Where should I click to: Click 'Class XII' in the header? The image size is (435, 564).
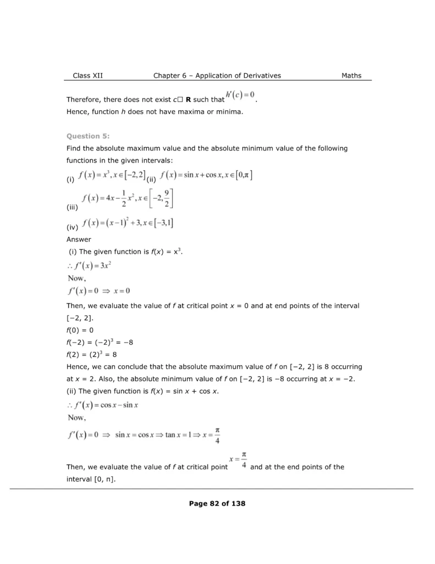[x=87, y=75]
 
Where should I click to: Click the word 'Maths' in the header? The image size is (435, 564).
[x=351, y=75]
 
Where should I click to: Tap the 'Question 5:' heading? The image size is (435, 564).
[x=88, y=135]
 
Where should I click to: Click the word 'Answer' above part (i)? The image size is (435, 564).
[x=79, y=240]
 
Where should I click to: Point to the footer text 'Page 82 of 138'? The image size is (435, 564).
[x=217, y=503]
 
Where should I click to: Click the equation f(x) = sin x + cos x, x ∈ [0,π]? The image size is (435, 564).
[x=206, y=176]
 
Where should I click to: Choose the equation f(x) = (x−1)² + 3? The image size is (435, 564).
[x=129, y=224]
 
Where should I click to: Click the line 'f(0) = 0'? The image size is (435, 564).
[x=80, y=330]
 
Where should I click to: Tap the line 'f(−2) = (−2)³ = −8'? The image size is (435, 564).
[x=100, y=342]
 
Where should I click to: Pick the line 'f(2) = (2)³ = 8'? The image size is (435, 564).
[x=91, y=354]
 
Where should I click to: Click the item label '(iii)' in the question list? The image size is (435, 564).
[x=72, y=209]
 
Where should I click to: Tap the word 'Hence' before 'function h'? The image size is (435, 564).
[x=76, y=112]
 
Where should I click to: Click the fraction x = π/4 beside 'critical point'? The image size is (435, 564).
[x=238, y=460]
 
